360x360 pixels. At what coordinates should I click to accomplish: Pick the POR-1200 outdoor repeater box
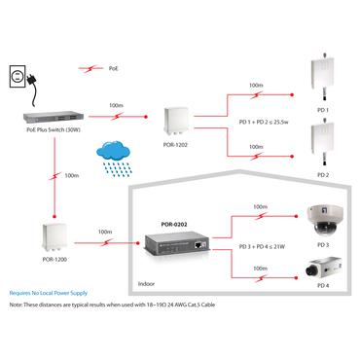tap(53, 239)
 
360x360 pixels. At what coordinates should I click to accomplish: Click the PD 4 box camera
tap(322, 272)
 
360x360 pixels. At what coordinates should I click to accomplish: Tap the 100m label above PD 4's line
tap(260, 268)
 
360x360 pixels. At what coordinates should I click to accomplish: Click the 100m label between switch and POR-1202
tap(117, 105)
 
